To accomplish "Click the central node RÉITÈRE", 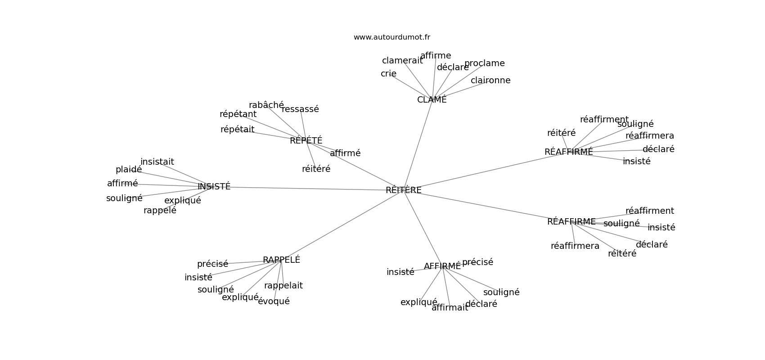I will pos(403,190).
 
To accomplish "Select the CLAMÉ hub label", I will pos(432,100).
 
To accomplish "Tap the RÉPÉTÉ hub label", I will pos(306,141).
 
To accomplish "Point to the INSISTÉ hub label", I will pos(214,187).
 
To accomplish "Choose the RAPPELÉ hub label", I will pos(281,260).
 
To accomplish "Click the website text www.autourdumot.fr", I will pos(391,37).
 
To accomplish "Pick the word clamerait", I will pos(402,61).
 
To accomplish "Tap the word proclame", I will pos(484,63).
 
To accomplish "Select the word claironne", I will pos(490,81).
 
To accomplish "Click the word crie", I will pos(388,74).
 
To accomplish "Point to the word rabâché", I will pos(266,105).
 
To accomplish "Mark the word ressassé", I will pos(300,109).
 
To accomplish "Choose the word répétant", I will pos(238,114).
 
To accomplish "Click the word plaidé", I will pos(129,170).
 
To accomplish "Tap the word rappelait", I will pos(283,286).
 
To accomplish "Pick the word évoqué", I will pos(274,301).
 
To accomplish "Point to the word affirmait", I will pos(450,308).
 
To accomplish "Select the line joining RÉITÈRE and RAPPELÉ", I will pos(342,225).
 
